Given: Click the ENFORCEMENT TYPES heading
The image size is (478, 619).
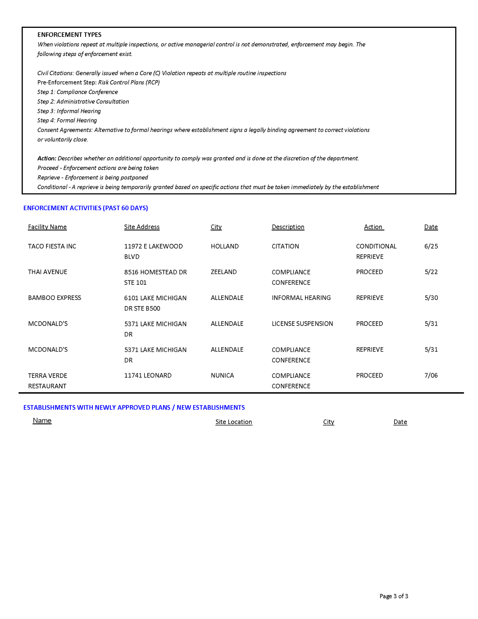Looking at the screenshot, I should pyautogui.click(x=69, y=35).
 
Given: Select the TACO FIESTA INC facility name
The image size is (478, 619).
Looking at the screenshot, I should pyautogui.click(x=52, y=246).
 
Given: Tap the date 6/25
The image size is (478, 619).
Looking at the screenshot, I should pyautogui.click(x=431, y=246).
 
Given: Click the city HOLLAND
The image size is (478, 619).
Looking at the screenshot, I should pyautogui.click(x=225, y=246).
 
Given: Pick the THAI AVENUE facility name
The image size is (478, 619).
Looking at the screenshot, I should pyautogui.click(x=48, y=272).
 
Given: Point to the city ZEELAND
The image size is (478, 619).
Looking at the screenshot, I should pyautogui.click(x=224, y=272).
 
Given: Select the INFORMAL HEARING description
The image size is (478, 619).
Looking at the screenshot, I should pyautogui.click(x=301, y=298).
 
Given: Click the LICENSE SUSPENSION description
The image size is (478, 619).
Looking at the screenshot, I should pyautogui.click(x=302, y=324).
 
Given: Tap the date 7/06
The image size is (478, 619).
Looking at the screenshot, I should pyautogui.click(x=431, y=375).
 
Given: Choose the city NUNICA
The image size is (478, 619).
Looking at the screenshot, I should pyautogui.click(x=222, y=375).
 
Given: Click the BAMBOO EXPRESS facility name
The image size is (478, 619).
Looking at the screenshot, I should pyautogui.click(x=54, y=298).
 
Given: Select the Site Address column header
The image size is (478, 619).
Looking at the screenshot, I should pyautogui.click(x=142, y=227).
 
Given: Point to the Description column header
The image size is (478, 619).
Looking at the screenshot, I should pyautogui.click(x=288, y=227).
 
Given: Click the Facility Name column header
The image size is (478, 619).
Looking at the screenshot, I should pyautogui.click(x=47, y=227).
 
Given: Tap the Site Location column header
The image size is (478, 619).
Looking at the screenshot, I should pyautogui.click(x=234, y=422).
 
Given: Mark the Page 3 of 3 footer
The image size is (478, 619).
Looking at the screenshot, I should pyautogui.click(x=394, y=596).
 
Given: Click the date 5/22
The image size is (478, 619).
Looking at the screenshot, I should pyautogui.click(x=431, y=272).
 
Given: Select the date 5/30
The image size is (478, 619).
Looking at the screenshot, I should pyautogui.click(x=431, y=298).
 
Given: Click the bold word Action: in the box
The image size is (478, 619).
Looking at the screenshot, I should pyautogui.click(x=47, y=158).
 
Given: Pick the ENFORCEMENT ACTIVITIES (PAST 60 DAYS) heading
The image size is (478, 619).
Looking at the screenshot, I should pyautogui.click(x=86, y=208).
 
